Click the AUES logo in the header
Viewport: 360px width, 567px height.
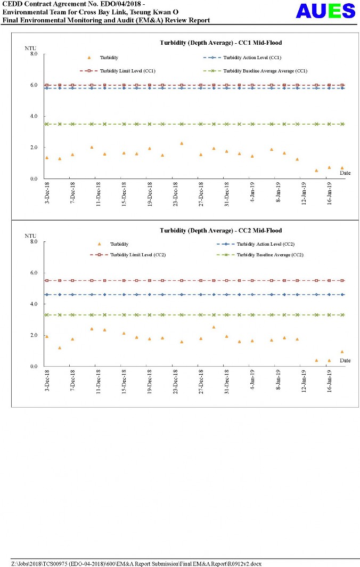pos(325,11)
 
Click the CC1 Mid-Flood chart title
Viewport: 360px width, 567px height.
pos(221,43)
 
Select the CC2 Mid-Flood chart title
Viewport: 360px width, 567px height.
pos(221,231)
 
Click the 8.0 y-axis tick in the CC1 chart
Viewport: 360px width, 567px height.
pos(34,54)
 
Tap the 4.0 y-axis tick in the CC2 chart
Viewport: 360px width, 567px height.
pos(34,304)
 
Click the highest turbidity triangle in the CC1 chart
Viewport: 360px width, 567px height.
pos(182,143)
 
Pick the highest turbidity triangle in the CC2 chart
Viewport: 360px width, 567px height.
pos(214,327)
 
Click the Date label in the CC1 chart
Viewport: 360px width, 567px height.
pos(345,173)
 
